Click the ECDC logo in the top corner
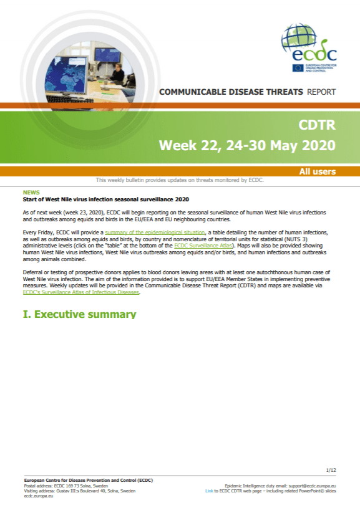coord(309,47)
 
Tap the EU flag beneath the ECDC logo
coord(298,68)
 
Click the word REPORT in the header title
coord(321,92)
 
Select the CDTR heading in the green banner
coord(317,125)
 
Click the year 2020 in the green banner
coord(319,145)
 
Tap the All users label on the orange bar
coord(317,171)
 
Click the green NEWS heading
coord(31,193)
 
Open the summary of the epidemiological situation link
coord(155,232)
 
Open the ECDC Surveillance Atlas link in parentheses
coord(203,246)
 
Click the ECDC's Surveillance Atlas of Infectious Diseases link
coord(80,292)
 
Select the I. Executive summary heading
coord(79,314)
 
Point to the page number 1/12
coord(331,470)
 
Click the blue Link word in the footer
coord(209,491)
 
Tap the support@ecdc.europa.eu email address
coord(312,486)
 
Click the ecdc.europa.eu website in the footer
coord(39,496)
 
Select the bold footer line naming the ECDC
coord(88,481)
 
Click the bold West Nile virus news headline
coord(105,199)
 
